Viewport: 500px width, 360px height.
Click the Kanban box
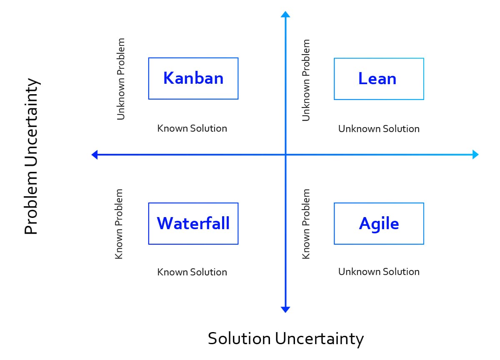[x=193, y=78]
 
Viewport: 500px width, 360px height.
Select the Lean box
[x=379, y=79]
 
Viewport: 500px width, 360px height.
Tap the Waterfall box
[x=193, y=223]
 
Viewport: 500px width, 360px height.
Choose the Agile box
[x=379, y=223]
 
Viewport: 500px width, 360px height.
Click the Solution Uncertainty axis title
[x=285, y=338]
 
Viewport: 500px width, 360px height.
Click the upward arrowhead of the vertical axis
[x=285, y=15]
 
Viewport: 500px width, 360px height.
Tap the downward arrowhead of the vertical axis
[x=285, y=309]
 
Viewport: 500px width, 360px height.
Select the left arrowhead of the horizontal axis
[x=94, y=155]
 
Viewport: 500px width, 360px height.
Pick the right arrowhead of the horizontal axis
[x=475, y=155]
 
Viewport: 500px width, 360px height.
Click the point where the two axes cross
[x=285, y=155]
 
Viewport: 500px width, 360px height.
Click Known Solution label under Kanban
[x=192, y=128]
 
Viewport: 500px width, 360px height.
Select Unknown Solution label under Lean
[x=379, y=129]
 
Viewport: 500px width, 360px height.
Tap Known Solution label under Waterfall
[x=192, y=272]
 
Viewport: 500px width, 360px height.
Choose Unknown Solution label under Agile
[x=379, y=272]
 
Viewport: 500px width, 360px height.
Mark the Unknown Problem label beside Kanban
[x=121, y=79]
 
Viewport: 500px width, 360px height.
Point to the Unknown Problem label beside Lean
[x=306, y=80]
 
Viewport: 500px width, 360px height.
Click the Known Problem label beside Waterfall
[x=119, y=224]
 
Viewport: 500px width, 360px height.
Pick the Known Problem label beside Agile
[x=306, y=224]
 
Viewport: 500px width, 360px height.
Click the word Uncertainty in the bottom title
[x=319, y=338]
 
